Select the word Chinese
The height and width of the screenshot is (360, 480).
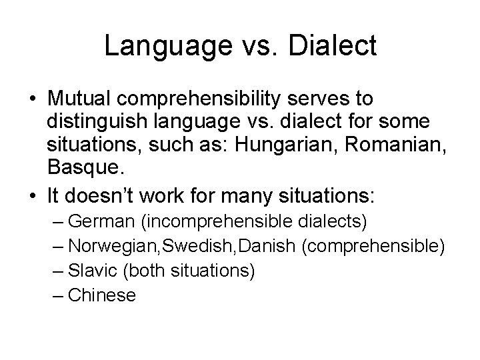[x=102, y=295]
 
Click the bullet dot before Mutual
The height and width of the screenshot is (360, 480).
[x=33, y=99]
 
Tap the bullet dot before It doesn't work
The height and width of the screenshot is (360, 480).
[x=33, y=197]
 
